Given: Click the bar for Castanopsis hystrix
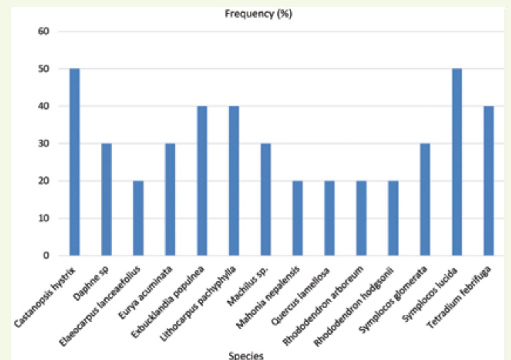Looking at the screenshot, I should point(74,162).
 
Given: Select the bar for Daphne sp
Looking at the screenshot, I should point(106,200).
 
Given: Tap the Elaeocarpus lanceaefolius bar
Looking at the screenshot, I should point(138,218).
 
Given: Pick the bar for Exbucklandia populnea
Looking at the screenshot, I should point(202,181).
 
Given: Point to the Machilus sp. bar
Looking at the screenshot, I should point(266,200).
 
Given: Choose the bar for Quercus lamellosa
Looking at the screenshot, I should point(329,218).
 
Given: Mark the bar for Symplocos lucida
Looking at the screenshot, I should point(457,162).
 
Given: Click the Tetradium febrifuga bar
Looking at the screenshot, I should point(489,181).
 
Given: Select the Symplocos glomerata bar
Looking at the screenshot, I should point(425,200).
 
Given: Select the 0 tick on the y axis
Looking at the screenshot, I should point(46,256).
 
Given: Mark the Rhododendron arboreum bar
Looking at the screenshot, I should point(361,218).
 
